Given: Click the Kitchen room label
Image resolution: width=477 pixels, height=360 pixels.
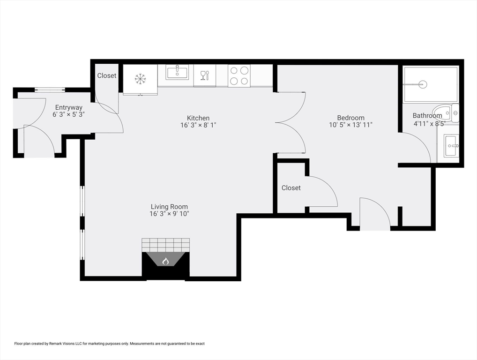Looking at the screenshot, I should (198, 118).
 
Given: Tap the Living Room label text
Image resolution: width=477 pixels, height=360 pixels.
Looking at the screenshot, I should (169, 207).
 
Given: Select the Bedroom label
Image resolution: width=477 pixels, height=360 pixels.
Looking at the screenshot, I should (350, 118).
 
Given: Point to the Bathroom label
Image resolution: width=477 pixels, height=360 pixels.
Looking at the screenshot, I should (427, 116).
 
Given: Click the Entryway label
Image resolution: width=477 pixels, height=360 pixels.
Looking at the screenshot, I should (68, 107).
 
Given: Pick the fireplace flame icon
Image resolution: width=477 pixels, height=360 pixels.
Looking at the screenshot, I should (165, 261).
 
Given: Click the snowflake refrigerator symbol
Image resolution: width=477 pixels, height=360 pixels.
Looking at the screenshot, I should (140, 79).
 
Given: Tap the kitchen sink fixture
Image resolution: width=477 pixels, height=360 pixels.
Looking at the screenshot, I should (177, 73).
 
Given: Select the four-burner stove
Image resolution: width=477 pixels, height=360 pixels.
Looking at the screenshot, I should (239, 75).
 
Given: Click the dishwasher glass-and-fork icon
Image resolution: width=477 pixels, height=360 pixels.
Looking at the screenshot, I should (205, 75).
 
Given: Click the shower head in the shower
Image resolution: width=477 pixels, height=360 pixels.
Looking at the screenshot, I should (423, 85).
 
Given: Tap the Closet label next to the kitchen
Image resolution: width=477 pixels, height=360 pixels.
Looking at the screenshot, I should (107, 75).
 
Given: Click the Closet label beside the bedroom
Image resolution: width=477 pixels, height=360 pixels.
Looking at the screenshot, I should (291, 187).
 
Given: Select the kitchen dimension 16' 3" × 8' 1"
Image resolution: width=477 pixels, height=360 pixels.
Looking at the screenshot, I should (198, 125).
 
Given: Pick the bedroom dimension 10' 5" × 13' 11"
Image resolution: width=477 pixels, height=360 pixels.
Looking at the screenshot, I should (350, 125).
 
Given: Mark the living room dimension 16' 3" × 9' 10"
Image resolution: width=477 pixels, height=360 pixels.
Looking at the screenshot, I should (169, 214).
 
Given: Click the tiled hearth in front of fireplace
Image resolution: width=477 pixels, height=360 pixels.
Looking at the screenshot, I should (166, 245).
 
